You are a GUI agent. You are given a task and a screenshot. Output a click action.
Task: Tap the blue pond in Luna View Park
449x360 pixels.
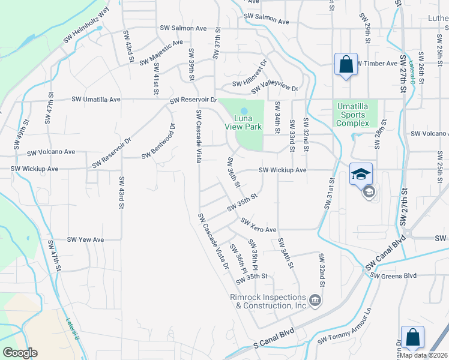click(244, 111)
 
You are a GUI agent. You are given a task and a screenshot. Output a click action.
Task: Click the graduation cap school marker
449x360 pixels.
click(361, 174)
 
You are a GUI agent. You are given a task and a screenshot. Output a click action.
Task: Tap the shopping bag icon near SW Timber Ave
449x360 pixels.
click(346, 64)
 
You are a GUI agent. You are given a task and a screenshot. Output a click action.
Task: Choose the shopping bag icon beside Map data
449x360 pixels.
click(412, 337)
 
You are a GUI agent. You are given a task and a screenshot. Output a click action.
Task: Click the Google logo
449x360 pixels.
click(20, 353)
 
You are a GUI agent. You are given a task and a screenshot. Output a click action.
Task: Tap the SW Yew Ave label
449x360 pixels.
click(85, 239)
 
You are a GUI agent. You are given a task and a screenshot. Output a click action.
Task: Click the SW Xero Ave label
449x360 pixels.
click(258, 226)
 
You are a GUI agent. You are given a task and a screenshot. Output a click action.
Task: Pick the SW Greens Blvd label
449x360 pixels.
click(393, 275)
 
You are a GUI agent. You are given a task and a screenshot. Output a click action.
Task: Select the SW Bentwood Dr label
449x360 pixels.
click(158, 142)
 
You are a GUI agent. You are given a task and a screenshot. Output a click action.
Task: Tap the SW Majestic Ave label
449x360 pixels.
click(161, 53)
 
